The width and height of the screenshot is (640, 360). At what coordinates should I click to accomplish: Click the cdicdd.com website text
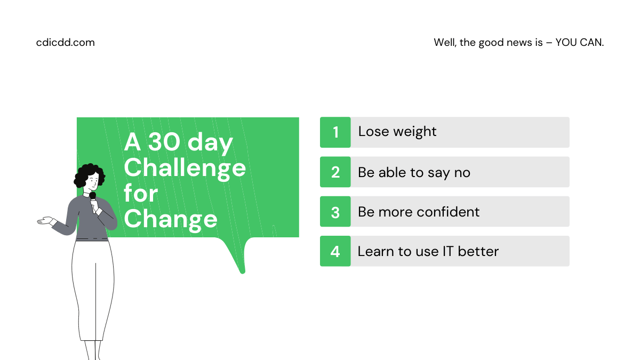(x=65, y=43)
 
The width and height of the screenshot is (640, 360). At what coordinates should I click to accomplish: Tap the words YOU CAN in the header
(x=579, y=43)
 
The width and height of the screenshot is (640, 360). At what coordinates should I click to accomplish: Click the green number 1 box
(x=335, y=132)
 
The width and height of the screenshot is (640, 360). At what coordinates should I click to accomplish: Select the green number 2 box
(x=335, y=172)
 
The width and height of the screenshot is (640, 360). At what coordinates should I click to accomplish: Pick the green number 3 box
(x=335, y=212)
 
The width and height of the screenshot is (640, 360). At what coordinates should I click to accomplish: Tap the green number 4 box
(x=335, y=251)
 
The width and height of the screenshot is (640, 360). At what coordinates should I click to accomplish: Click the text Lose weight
(x=397, y=132)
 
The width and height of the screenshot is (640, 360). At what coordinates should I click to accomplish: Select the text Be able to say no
(x=414, y=173)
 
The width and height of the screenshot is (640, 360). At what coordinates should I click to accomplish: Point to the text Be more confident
(x=419, y=212)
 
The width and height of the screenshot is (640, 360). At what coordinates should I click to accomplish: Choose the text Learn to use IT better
(x=428, y=251)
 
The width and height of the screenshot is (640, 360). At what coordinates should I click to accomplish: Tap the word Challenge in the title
(x=185, y=169)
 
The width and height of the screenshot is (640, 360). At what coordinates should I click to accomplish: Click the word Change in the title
(x=171, y=220)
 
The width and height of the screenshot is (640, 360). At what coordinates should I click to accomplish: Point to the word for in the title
(x=141, y=193)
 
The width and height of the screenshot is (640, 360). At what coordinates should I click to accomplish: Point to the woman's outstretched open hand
(x=46, y=221)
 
